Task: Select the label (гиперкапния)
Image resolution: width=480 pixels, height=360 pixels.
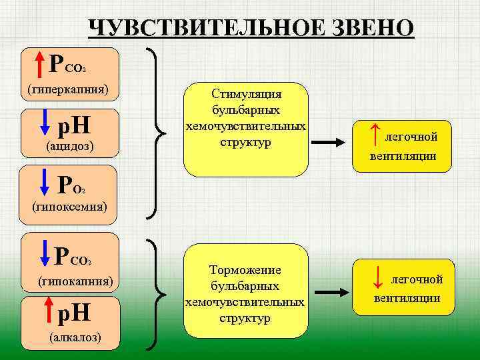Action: click(x=68, y=89)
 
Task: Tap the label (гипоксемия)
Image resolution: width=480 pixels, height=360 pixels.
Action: click(x=70, y=206)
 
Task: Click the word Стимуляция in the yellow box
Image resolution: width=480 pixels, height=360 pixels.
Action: click(x=246, y=94)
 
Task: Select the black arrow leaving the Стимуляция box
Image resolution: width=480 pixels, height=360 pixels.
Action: click(x=333, y=142)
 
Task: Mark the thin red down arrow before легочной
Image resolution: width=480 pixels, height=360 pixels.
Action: click(x=377, y=278)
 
